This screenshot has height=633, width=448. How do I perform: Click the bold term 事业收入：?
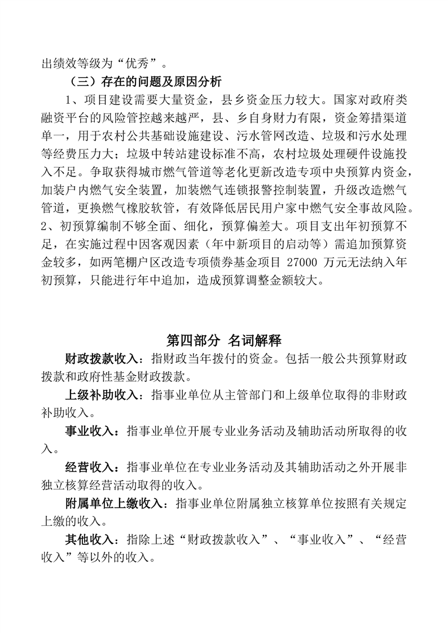(90, 432)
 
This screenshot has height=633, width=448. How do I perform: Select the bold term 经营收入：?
(90, 468)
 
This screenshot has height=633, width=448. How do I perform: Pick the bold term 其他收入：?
(90, 540)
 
